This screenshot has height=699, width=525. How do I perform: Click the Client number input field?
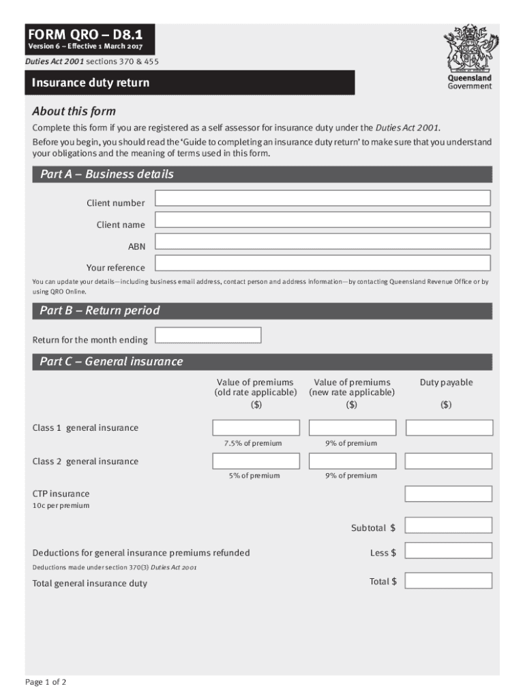[x=322, y=199]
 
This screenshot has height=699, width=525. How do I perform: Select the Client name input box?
[x=322, y=220]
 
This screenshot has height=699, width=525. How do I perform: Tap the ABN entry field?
[x=322, y=242]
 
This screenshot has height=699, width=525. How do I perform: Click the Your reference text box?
[x=322, y=263]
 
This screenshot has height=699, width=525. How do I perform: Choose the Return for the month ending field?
[x=209, y=335]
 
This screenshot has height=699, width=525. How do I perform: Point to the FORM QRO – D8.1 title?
[x=86, y=35]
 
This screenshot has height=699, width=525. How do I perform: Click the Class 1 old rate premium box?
[x=256, y=428]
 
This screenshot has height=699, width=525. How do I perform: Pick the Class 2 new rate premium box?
[x=352, y=461]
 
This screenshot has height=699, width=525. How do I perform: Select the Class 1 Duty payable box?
[x=449, y=428]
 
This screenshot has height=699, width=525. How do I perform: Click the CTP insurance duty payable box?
[x=449, y=494]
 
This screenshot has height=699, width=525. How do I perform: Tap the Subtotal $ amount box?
[x=449, y=526]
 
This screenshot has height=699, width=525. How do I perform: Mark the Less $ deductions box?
[x=449, y=550]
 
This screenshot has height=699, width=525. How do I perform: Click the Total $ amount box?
[x=449, y=581]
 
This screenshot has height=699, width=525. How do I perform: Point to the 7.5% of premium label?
[x=252, y=444]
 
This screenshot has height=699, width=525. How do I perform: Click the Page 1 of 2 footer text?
[x=46, y=683]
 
